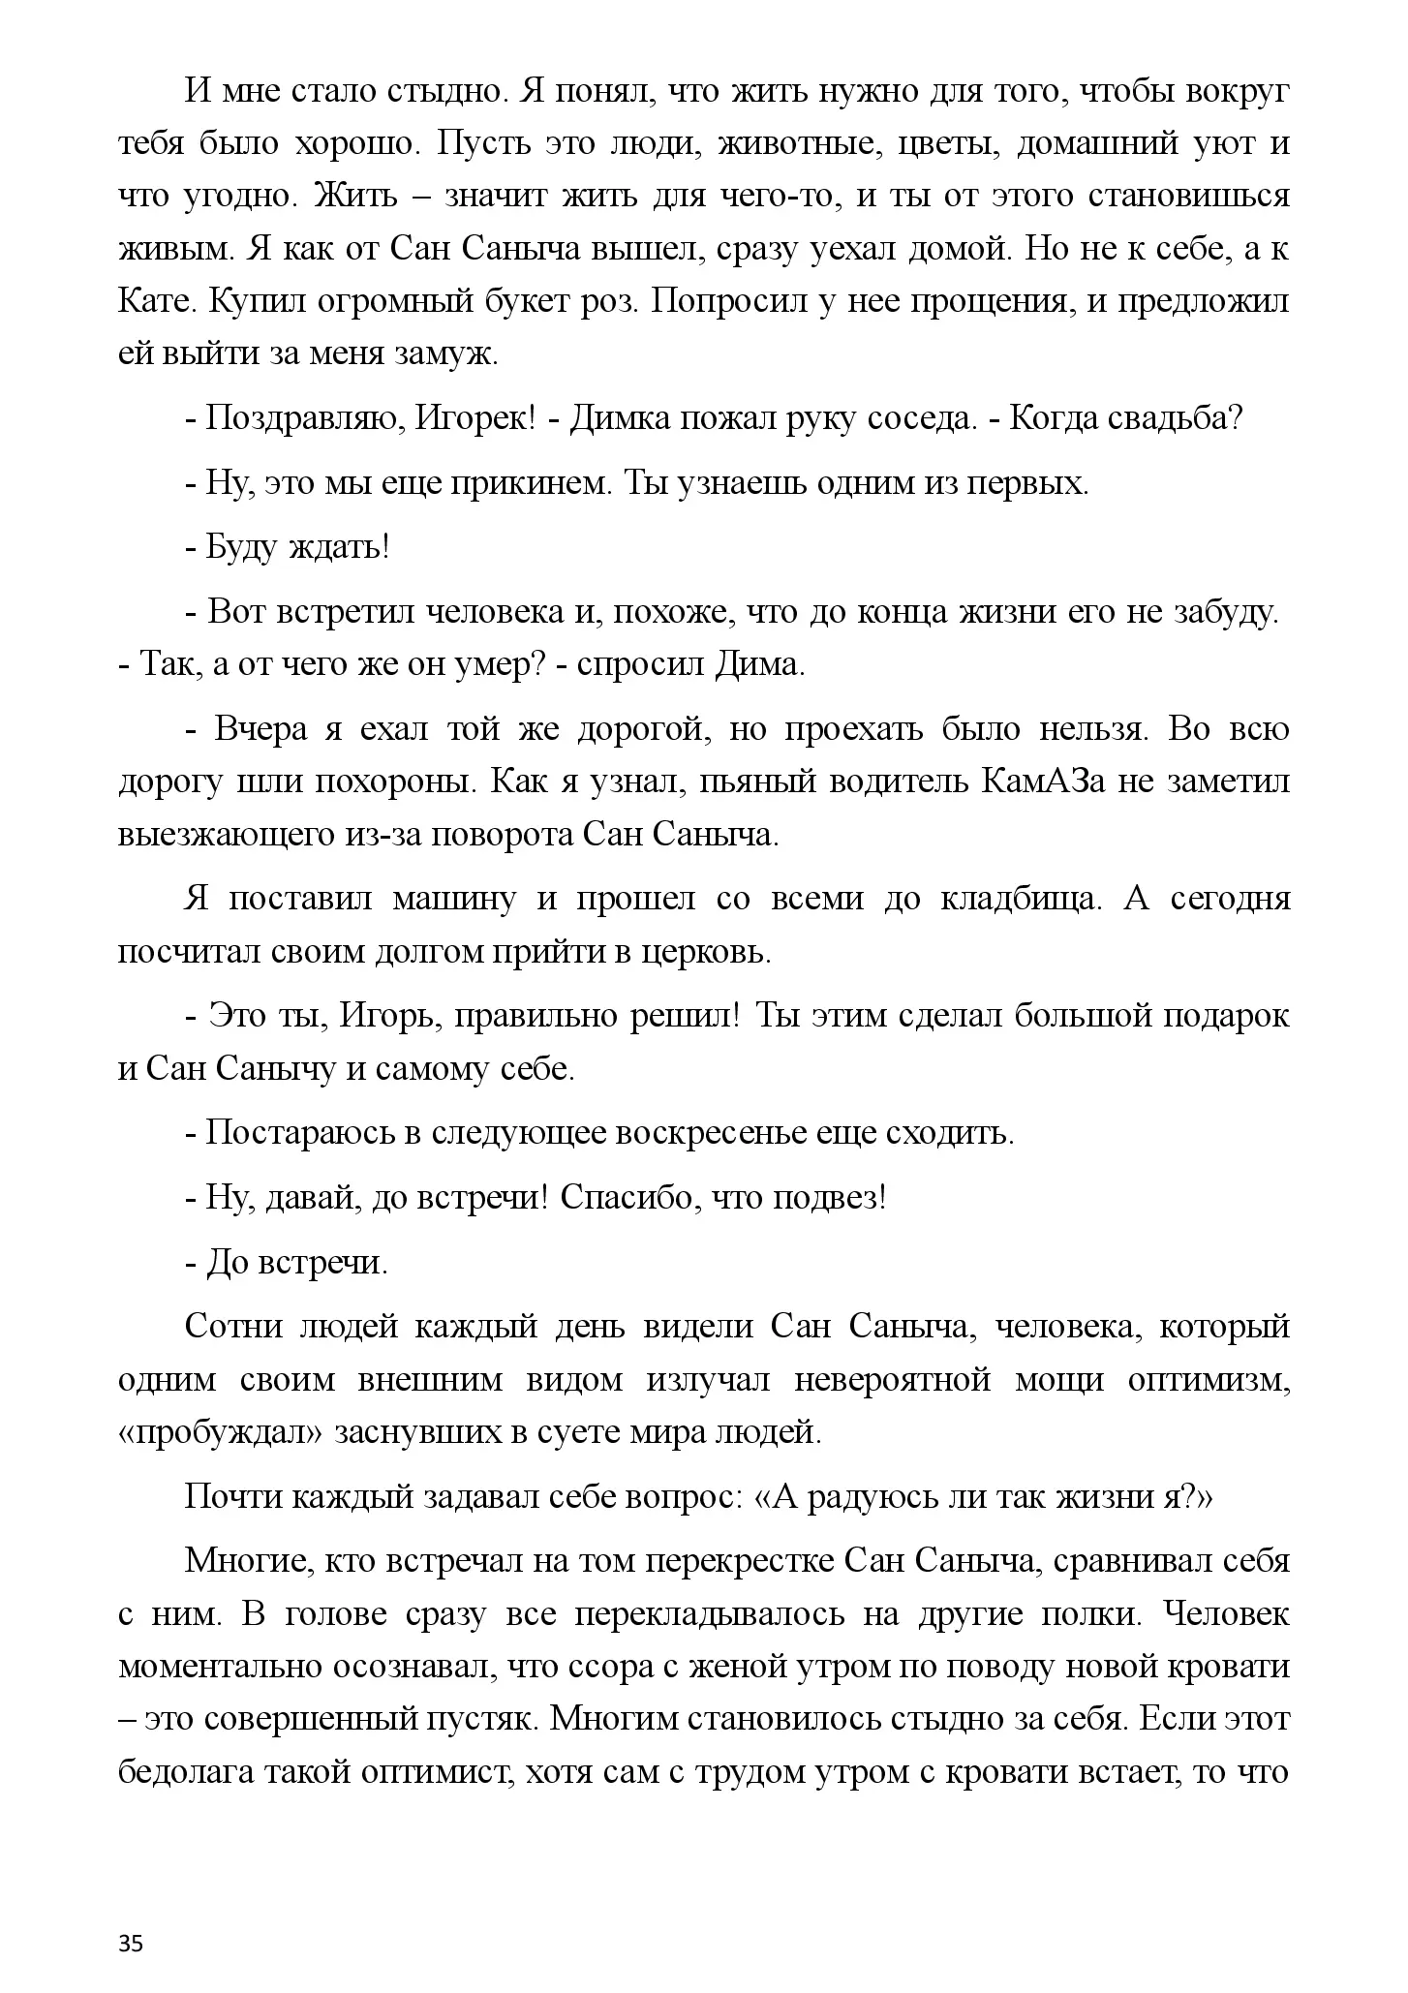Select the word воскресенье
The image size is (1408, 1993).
[712, 1133]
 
